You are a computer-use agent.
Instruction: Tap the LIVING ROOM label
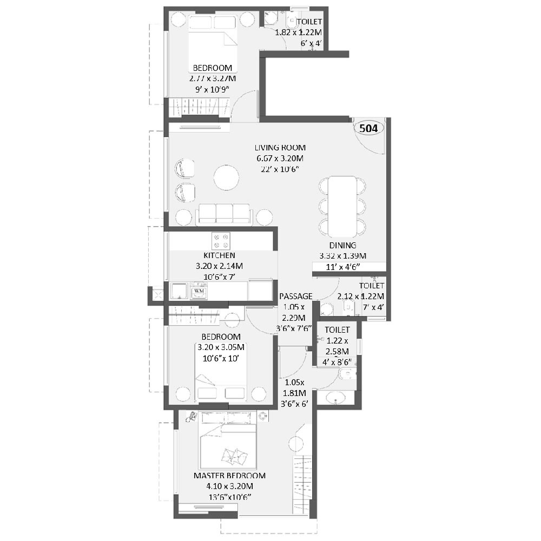point(280,147)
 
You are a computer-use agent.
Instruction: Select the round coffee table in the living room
point(226,177)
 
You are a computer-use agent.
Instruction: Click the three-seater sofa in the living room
point(223,214)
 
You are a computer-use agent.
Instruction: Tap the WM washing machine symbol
point(199,291)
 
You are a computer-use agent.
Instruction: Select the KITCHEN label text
point(219,255)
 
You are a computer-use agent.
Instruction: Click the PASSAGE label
point(295,296)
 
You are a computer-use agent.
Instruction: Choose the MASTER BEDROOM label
point(229,476)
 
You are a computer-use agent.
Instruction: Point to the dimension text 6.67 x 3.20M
point(280,159)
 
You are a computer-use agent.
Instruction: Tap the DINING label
point(343,245)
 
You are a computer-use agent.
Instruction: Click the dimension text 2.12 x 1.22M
point(360,296)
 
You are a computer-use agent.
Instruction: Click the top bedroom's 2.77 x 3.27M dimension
point(212,78)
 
